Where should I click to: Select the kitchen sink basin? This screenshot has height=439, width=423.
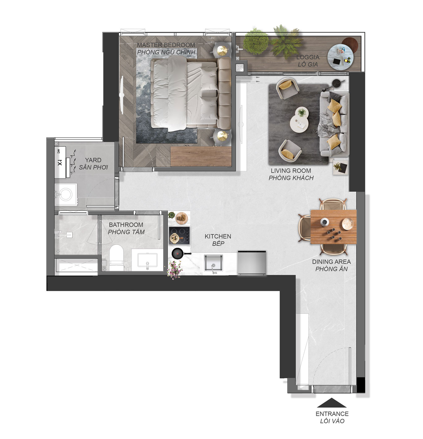pos(213,263)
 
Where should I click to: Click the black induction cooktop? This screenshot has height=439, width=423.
pos(179,235)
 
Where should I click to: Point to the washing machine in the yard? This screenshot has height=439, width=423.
pos(66,194)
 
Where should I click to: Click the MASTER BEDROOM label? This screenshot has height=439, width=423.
pos(166,45)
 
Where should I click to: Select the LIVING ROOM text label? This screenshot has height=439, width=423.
pos(291,170)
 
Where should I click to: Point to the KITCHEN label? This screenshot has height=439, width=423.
pos(218,236)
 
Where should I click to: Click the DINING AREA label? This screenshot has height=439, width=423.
pos(331,262)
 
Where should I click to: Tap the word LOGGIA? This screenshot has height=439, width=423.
pos(308,57)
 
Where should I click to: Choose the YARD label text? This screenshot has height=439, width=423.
pos(93,160)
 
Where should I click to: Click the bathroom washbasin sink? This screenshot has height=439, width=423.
pos(147,260)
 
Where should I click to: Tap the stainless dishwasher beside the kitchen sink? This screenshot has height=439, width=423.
pos(252,263)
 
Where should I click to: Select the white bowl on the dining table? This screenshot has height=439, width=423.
pos(348,224)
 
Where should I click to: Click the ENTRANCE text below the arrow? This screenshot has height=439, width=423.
pos(332,414)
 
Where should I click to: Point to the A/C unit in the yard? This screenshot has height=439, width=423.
pos(60,162)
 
